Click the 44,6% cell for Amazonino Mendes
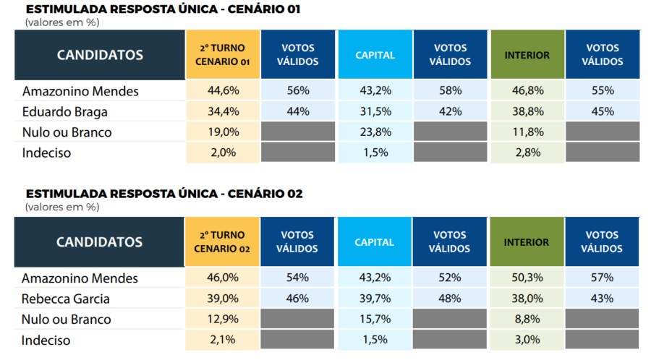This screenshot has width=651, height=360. [224, 90]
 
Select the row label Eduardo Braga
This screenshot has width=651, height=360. [65, 111]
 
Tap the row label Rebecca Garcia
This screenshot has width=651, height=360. [66, 299]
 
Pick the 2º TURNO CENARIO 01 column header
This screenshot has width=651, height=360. [223, 54]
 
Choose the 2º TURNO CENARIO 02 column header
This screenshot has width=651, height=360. [222, 241]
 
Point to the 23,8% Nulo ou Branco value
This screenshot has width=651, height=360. [375, 132]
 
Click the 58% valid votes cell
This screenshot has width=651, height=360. [451, 90]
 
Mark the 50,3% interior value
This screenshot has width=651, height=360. [527, 278]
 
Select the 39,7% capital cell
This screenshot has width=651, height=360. [375, 299]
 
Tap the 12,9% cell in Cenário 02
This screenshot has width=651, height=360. [223, 319]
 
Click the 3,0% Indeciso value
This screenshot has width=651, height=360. [527, 339]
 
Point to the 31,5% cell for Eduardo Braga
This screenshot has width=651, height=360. [375, 111]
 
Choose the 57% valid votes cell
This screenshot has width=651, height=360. [602, 278]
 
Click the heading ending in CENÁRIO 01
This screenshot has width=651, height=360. [163, 9]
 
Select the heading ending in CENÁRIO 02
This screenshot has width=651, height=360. [164, 194]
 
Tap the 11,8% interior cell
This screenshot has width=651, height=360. [528, 132]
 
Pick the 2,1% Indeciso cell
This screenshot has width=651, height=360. [223, 339]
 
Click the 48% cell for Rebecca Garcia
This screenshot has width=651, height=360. [450, 299]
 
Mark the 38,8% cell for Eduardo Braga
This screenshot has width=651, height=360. [528, 111]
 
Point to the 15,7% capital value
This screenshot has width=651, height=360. [375, 319]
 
